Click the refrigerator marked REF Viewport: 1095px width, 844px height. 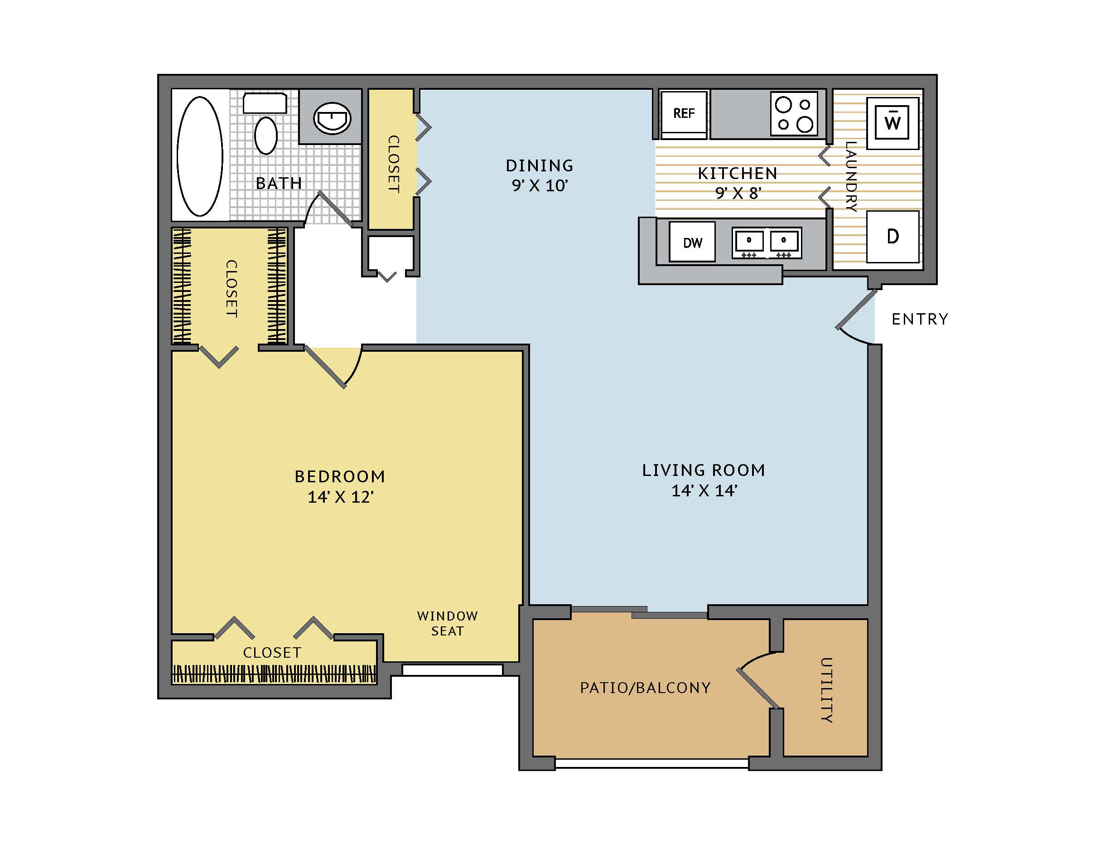(684, 114)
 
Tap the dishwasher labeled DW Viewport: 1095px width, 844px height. (692, 242)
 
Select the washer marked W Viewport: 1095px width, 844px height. (892, 122)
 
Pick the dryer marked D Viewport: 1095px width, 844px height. (893, 237)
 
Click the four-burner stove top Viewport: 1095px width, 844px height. (794, 113)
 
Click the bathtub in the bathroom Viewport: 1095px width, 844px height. (200, 156)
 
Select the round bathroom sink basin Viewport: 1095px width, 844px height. (332, 118)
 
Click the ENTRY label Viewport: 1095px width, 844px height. (920, 319)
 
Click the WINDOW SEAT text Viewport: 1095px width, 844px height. (447, 623)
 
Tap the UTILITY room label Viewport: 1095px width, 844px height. (826, 689)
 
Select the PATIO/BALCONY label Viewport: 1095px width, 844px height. (645, 688)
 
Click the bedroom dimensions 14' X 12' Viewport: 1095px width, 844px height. (340, 497)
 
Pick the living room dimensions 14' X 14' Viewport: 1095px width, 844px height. (704, 490)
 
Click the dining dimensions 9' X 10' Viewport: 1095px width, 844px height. (540, 185)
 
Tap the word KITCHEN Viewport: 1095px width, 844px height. (738, 174)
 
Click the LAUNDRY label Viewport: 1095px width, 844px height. (851, 176)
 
